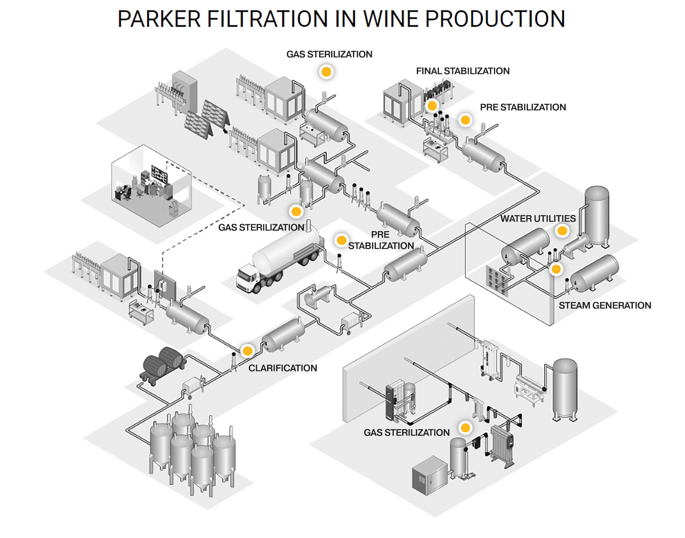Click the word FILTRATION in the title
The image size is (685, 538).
267,19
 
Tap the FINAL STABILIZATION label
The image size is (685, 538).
462,71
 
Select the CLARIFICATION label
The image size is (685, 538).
282,368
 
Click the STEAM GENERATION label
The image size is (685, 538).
604,305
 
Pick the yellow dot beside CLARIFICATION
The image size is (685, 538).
248,351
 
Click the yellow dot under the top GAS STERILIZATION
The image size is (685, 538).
326,72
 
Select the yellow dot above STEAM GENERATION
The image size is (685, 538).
556,269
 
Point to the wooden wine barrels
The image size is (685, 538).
164,359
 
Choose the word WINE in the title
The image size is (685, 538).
391,19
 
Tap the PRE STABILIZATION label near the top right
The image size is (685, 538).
523,107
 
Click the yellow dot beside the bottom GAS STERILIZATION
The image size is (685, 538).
465,427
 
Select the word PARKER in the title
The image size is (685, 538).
159,19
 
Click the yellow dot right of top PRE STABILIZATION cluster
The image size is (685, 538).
465,120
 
